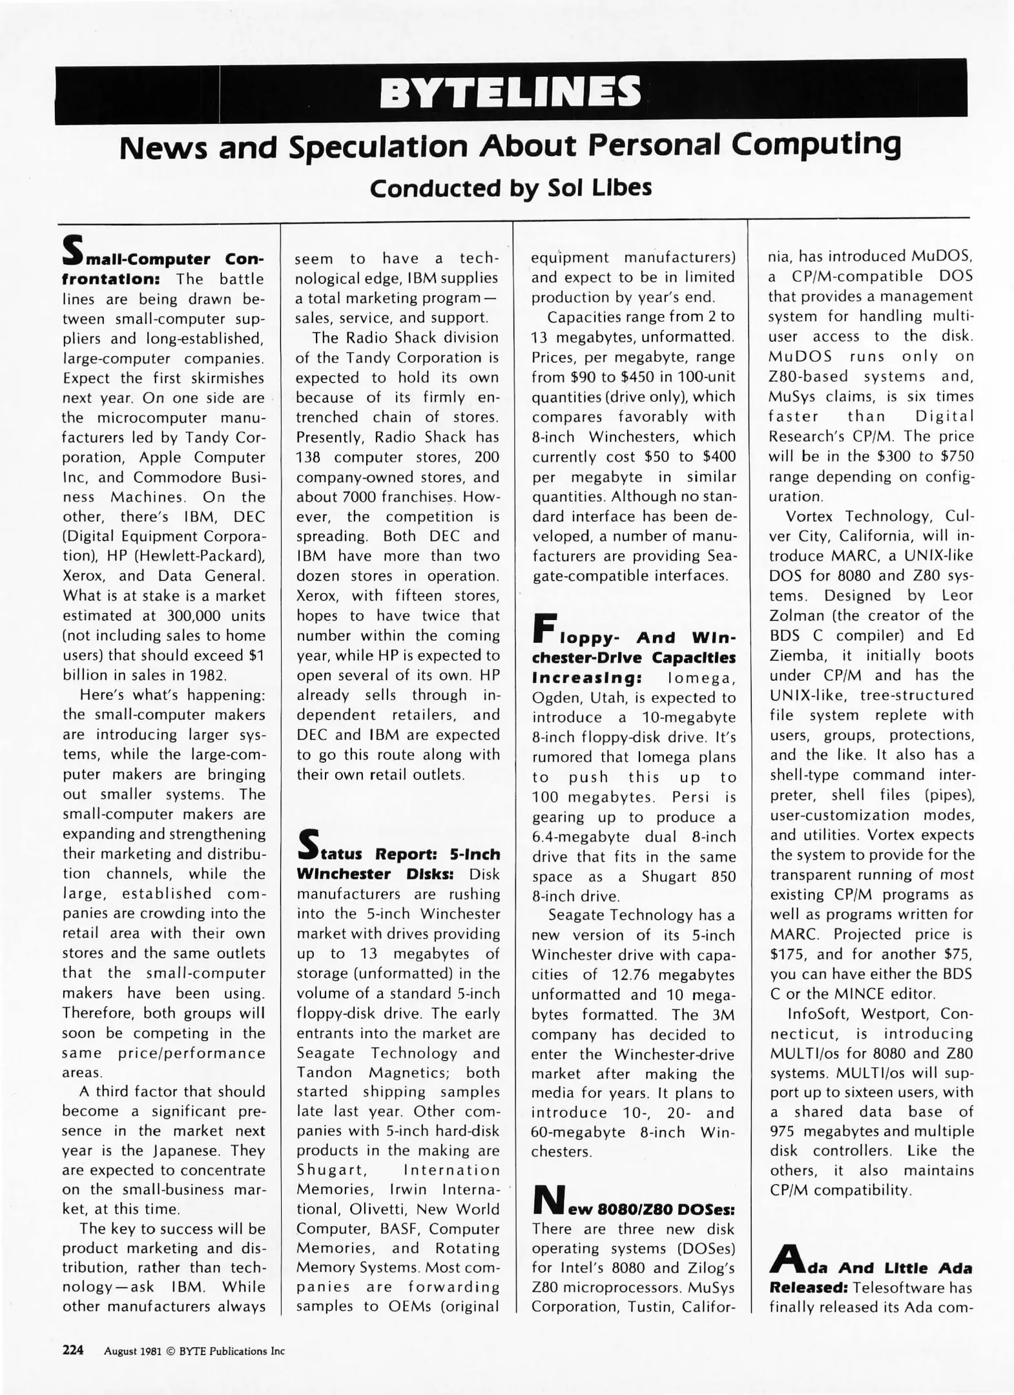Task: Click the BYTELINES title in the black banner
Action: point(510,92)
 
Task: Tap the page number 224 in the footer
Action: point(73,1349)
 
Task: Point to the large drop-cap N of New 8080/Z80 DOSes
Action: point(548,1199)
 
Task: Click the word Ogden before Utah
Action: point(554,697)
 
